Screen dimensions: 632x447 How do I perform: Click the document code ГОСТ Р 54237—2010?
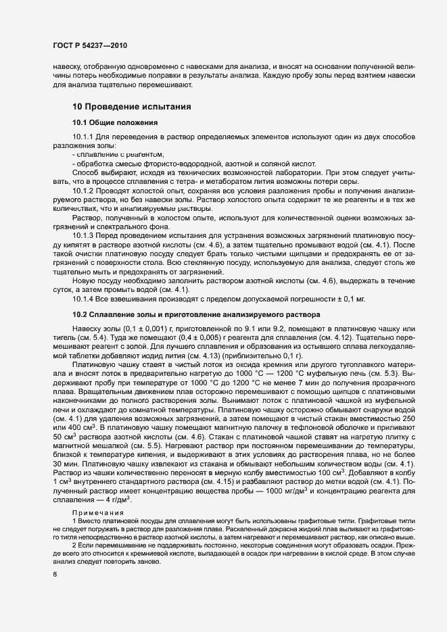[89, 45]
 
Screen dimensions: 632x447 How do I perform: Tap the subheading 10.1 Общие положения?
[115, 123]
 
